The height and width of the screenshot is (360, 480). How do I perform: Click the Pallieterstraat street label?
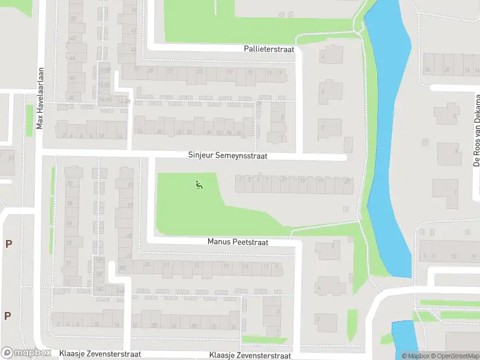(x=269, y=49)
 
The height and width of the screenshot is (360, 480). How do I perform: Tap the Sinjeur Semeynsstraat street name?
(x=227, y=155)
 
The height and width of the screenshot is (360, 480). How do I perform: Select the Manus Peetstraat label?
(x=238, y=242)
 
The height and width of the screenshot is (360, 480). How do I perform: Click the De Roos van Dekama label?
(x=477, y=130)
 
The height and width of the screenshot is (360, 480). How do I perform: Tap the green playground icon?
(x=199, y=184)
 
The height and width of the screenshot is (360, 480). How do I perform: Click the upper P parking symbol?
(x=8, y=244)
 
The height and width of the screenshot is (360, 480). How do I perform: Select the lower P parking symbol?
(x=8, y=316)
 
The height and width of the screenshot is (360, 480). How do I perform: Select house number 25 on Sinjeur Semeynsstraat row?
(x=347, y=181)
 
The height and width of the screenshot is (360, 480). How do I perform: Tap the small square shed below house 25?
(x=346, y=209)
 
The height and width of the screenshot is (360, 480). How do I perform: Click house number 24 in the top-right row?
(x=428, y=70)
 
